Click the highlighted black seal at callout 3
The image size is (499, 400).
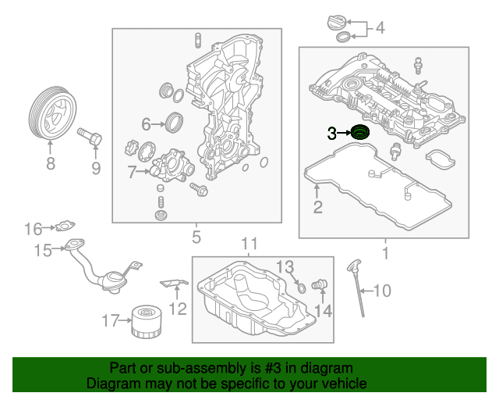tap(360, 134)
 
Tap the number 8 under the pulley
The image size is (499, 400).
tap(51, 164)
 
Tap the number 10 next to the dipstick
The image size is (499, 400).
tap(381, 291)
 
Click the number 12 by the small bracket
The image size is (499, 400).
tap(178, 309)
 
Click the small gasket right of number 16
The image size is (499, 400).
tap(62, 227)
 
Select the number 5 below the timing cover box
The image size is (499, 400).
tap(196, 237)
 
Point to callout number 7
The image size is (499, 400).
tap(132, 171)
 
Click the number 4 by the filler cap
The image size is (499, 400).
tap(380, 29)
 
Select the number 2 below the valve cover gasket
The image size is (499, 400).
tap(317, 207)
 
